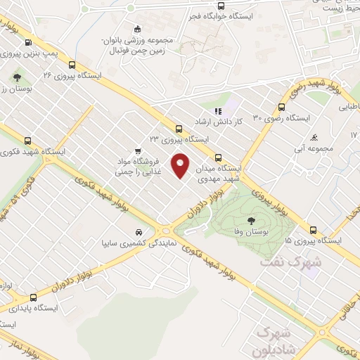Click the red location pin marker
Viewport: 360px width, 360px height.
click(181, 165)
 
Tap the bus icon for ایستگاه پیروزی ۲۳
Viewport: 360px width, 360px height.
click(179, 129)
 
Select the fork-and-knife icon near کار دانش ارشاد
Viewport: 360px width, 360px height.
click(218, 110)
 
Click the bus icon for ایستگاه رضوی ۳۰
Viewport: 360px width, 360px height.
click(281, 108)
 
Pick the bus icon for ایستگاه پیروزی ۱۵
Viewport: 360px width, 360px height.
click(313, 230)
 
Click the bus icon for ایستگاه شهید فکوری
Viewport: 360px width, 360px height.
click(27, 140)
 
